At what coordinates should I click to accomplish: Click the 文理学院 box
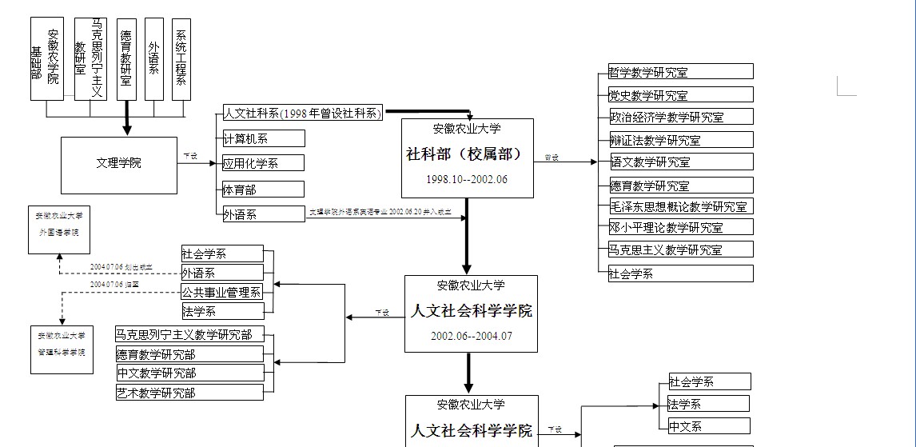[x=119, y=164]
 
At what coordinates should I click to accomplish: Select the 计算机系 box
[x=263, y=138]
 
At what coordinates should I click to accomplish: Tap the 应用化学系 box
[x=263, y=163]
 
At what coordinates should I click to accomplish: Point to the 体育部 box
[x=263, y=190]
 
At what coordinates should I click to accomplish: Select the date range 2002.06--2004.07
[x=471, y=336]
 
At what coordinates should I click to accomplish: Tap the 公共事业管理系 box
[x=222, y=292]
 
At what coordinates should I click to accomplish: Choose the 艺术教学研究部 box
[x=189, y=393]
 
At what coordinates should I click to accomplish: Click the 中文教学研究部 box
[x=189, y=373]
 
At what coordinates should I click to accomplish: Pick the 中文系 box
[x=709, y=426]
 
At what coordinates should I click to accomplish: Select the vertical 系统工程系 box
[x=181, y=59]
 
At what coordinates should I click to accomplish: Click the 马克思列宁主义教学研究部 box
[x=189, y=334]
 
